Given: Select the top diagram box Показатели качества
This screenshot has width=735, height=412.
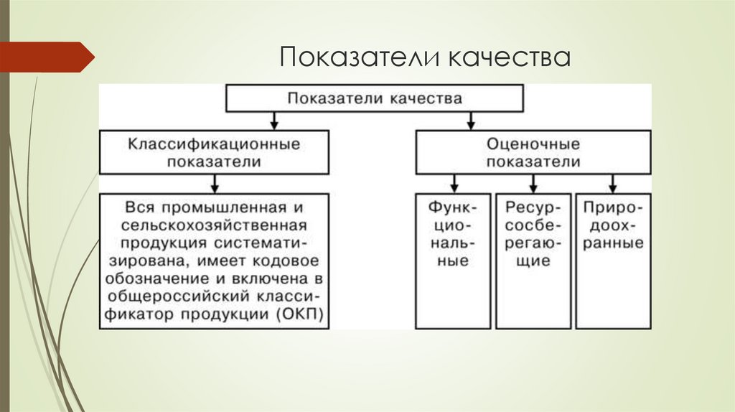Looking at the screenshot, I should pyautogui.click(x=375, y=98).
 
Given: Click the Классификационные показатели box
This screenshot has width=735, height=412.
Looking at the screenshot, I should pyautogui.click(x=214, y=152).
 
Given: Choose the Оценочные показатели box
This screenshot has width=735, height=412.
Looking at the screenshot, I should pyautogui.click(x=533, y=152).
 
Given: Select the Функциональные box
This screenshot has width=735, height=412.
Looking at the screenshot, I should pyautogui.click(x=452, y=261).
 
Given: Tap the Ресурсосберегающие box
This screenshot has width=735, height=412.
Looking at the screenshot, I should pyautogui.click(x=533, y=261).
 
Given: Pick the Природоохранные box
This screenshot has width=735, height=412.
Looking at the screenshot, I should pyautogui.click(x=613, y=261).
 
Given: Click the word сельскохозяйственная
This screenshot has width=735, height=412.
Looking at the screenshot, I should pyautogui.click(x=214, y=224).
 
